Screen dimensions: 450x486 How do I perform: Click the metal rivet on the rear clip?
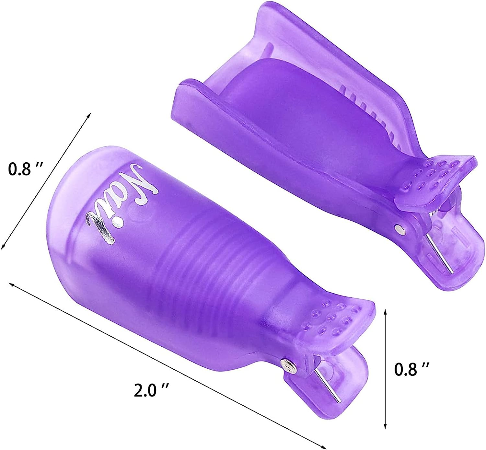tap(399, 229)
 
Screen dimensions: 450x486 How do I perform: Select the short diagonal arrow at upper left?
tap(45, 181)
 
